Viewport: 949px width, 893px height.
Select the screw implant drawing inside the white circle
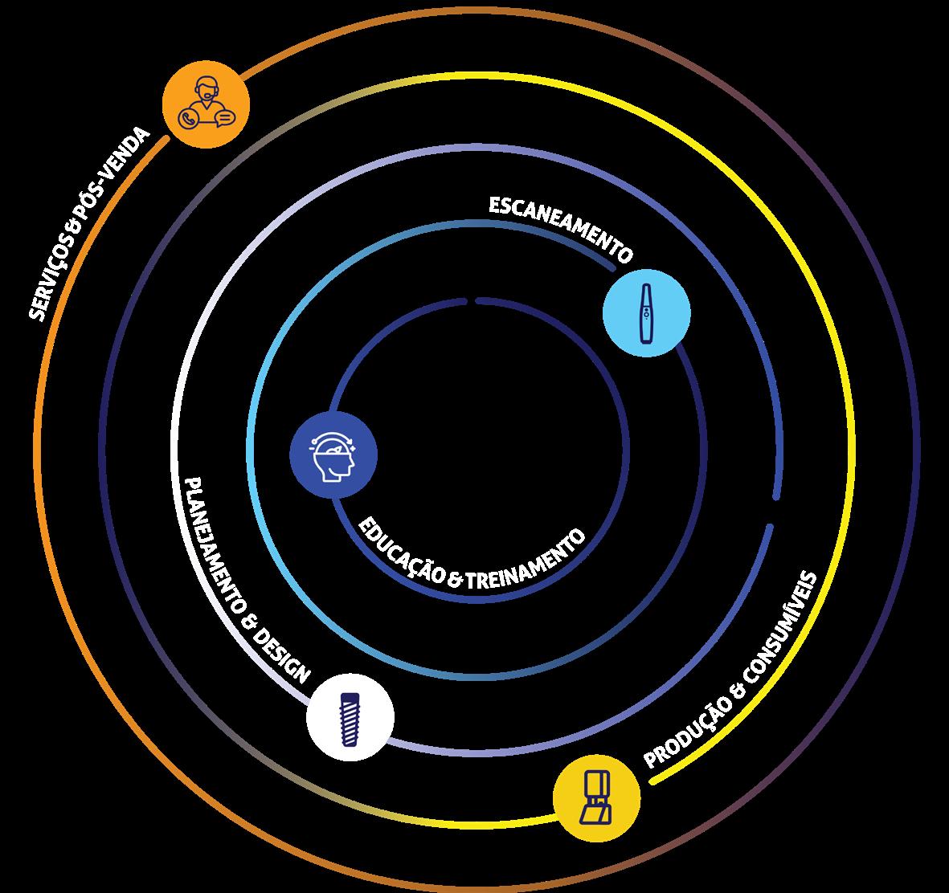(350, 718)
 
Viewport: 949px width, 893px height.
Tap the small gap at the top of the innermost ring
(472, 301)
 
